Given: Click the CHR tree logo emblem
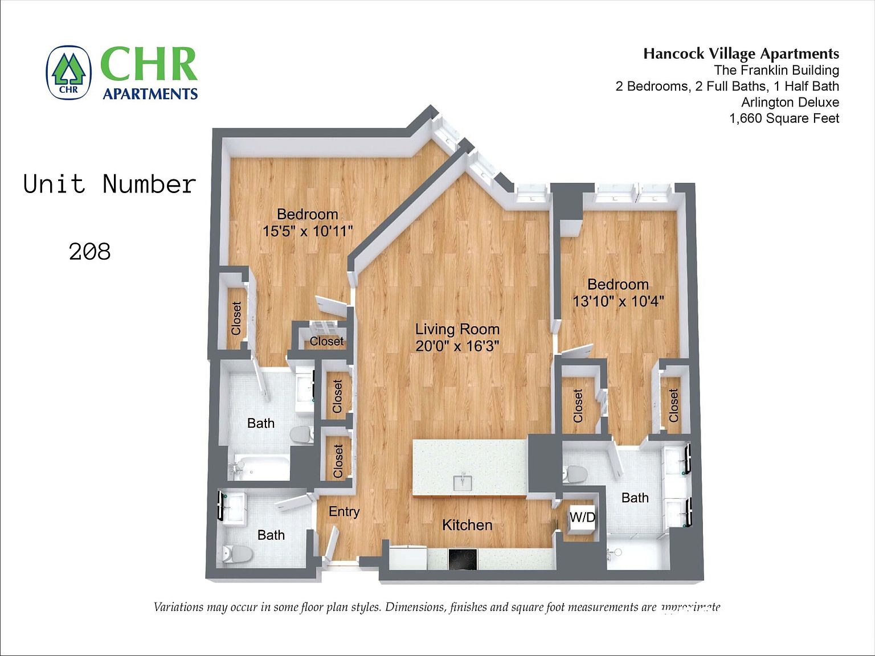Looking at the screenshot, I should click(x=68, y=72).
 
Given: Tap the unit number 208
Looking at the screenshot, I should click(x=89, y=252).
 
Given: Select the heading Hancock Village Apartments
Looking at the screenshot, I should click(x=741, y=54).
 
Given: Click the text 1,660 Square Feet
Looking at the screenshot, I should click(x=784, y=118).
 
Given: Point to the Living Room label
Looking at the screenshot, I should click(x=457, y=329).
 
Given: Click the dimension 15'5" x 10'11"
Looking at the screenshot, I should click(x=308, y=231).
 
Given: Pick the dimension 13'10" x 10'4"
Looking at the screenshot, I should click(x=618, y=301).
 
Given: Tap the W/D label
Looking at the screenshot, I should click(x=582, y=517).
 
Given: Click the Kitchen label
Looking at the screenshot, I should click(x=467, y=525).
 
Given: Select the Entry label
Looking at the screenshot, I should click(x=344, y=511).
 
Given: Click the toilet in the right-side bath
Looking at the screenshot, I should click(x=575, y=473).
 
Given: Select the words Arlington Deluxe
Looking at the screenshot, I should click(x=790, y=102).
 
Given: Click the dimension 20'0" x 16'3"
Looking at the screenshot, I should click(x=457, y=346).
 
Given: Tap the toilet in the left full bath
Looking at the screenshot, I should click(x=302, y=434).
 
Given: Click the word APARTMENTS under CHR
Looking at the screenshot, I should click(x=150, y=94).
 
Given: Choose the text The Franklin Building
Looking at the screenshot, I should click(x=776, y=70).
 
